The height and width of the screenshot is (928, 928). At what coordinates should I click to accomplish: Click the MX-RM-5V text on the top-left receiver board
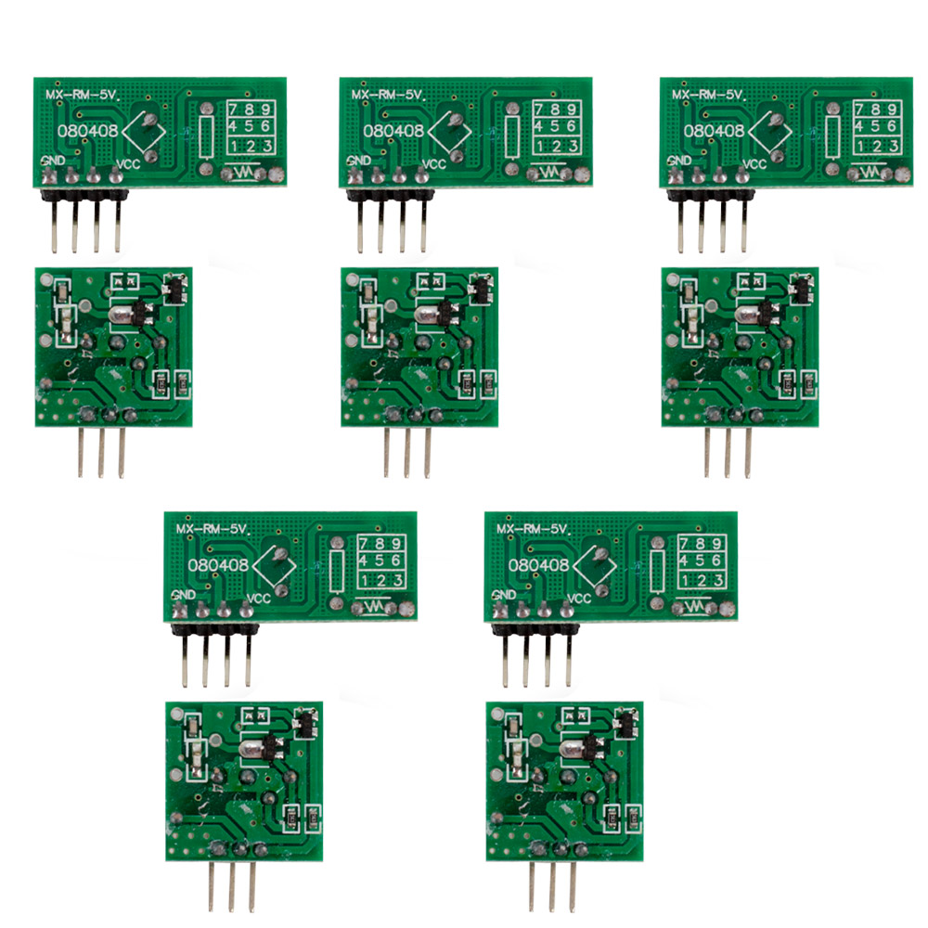coord(84,96)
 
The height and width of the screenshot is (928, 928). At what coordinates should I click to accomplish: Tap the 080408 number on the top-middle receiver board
coord(393,131)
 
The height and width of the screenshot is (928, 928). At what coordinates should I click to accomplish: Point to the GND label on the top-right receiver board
coord(679,161)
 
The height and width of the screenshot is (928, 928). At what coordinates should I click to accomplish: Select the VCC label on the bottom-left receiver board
coord(259,599)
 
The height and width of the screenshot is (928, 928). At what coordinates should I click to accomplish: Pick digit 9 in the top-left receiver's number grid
coord(265,110)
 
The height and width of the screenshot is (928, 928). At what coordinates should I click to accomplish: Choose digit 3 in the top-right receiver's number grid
coord(893,146)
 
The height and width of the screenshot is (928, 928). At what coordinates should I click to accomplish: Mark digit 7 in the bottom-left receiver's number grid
coord(364,543)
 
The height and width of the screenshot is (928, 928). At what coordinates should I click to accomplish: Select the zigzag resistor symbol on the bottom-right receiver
coord(697,607)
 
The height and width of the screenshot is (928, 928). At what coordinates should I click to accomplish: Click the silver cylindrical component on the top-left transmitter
coord(120,314)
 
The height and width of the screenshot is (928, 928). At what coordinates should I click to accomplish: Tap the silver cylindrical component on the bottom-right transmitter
coord(571,748)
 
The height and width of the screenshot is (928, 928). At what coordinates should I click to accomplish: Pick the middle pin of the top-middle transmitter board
coord(407,452)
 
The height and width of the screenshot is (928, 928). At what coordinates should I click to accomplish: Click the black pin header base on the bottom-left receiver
coord(215,628)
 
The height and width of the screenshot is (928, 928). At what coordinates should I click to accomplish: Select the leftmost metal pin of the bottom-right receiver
coord(506,661)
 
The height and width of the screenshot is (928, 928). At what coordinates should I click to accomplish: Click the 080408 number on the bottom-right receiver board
coord(538,565)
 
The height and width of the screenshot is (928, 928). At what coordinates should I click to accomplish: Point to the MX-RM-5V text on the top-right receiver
coord(709,96)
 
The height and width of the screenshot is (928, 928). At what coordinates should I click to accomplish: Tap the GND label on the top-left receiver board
coord(53,161)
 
